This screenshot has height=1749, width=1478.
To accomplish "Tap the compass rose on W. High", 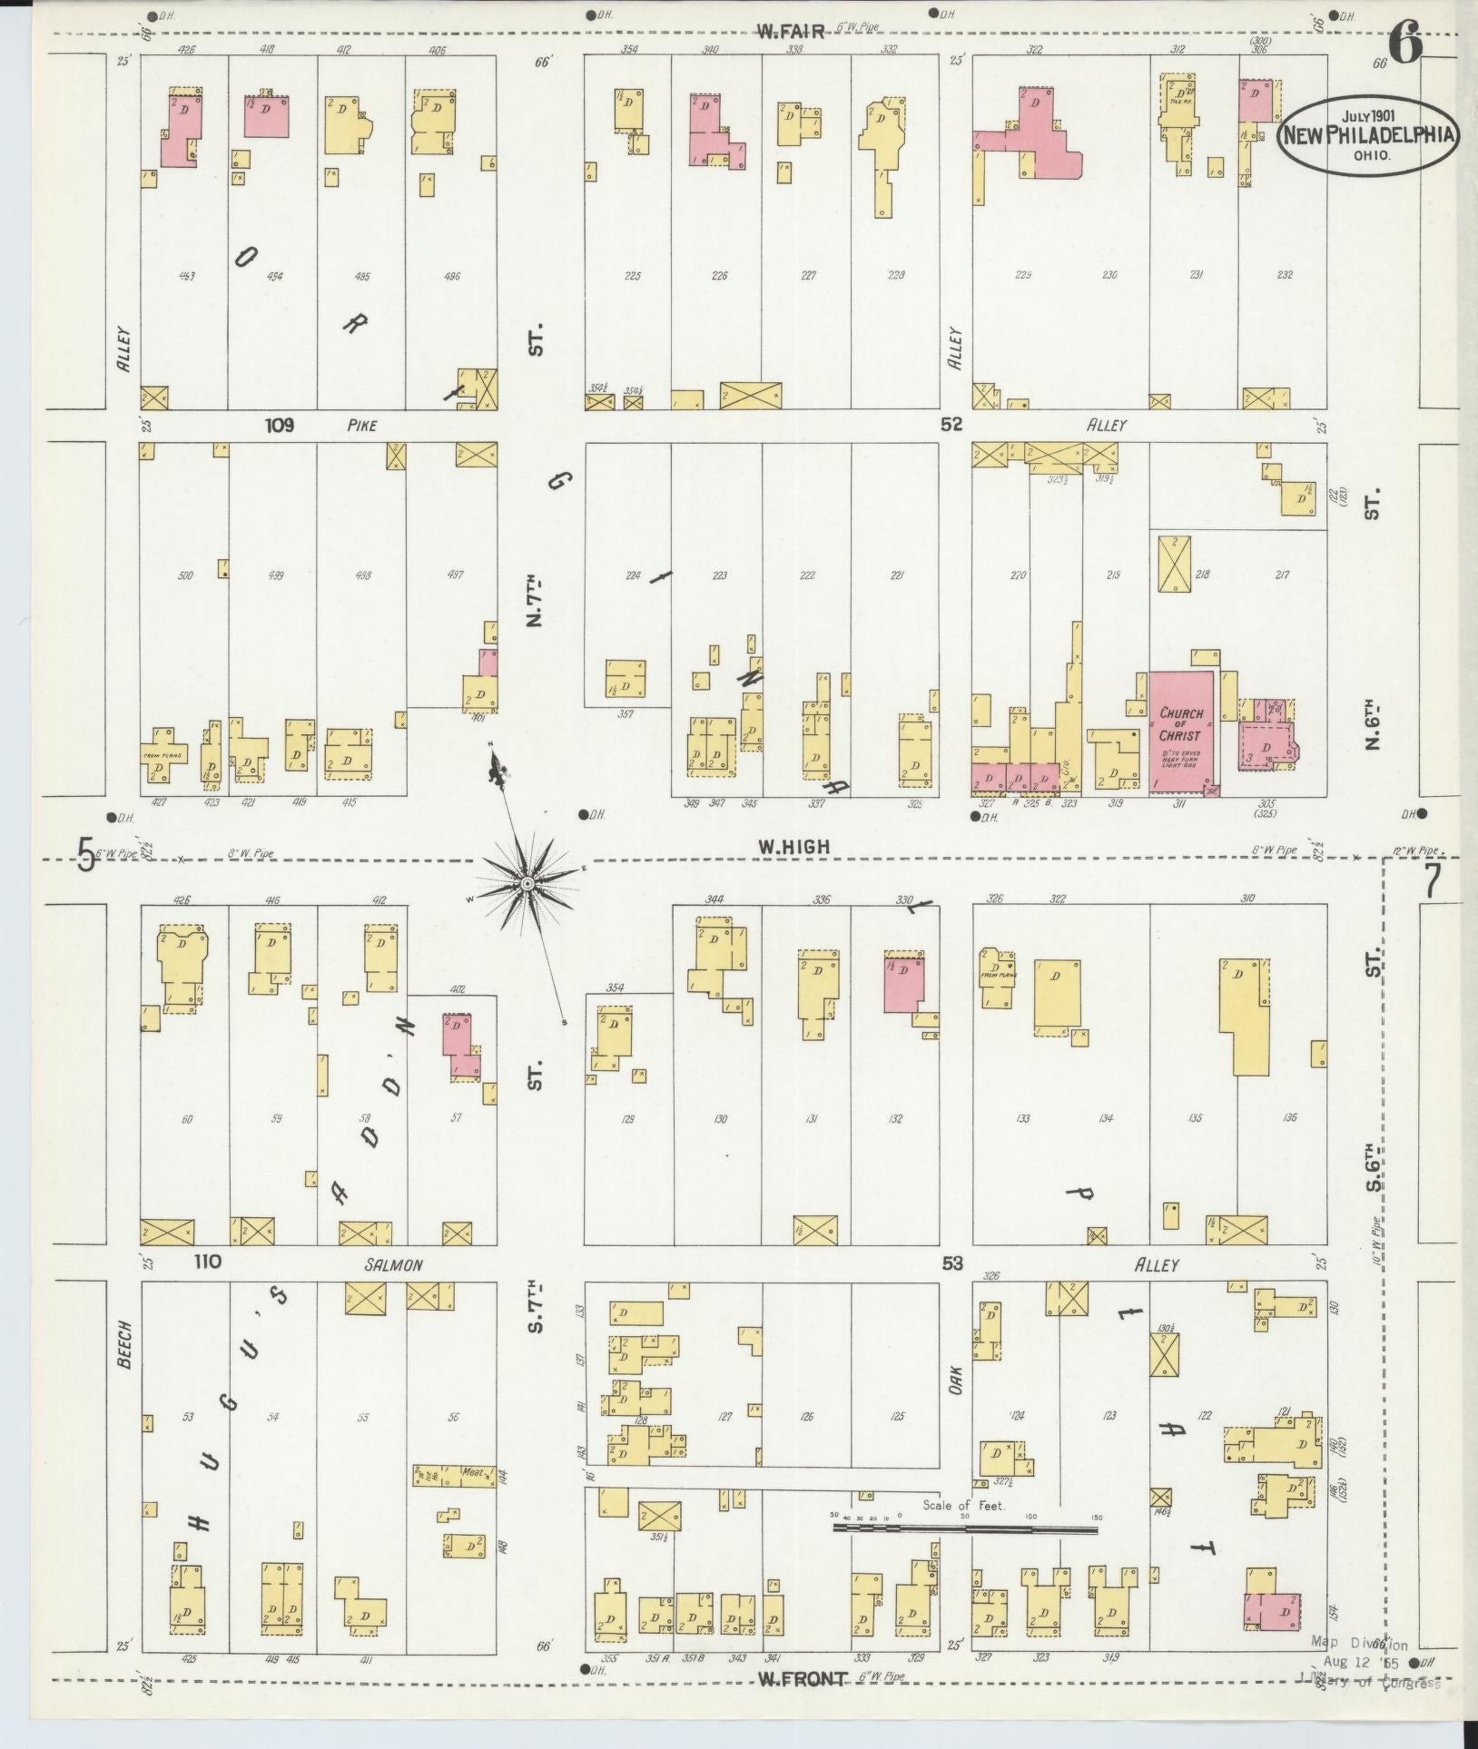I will tap(527, 883).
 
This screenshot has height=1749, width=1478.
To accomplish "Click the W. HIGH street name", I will tap(794, 846).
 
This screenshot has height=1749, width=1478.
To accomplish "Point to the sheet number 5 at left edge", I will tap(85, 854).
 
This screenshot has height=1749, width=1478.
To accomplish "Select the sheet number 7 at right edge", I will tap(1432, 880).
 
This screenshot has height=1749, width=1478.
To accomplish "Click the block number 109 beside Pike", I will tap(280, 424).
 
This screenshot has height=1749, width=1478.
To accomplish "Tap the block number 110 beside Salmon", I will tap(207, 1263).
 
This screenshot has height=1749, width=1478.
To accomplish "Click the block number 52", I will tap(951, 424).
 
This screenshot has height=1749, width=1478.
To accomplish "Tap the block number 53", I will tap(951, 1263).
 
